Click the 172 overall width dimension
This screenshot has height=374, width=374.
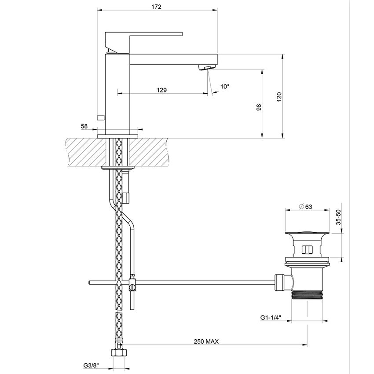point(157,7)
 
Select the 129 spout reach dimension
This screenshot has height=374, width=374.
point(161,90)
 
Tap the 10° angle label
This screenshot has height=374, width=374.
point(225,87)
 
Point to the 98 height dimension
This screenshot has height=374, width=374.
point(259,107)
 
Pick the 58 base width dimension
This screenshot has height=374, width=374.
point(84,126)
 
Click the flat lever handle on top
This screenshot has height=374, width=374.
point(145,34)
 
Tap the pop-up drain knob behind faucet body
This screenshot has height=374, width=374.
point(101,117)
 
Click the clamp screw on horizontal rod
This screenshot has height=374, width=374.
point(132,287)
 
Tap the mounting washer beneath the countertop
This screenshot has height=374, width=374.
point(117,167)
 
